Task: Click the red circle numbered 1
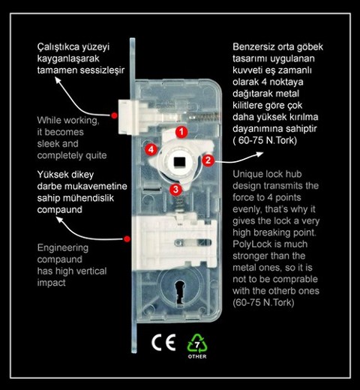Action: (181, 132)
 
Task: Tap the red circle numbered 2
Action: (208, 160)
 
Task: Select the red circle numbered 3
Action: (176, 189)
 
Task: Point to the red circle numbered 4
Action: (151, 149)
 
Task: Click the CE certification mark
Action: (163, 342)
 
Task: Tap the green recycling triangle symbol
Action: (197, 343)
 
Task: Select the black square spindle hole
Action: (179, 161)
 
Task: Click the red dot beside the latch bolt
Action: (114, 115)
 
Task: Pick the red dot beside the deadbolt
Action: (127, 239)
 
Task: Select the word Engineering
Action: (63, 248)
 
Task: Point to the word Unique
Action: (247, 175)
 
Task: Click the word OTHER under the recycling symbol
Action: (197, 356)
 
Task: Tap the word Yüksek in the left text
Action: (52, 175)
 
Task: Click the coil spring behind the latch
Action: (205, 116)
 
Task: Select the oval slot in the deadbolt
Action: (193, 242)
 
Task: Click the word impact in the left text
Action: (51, 283)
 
